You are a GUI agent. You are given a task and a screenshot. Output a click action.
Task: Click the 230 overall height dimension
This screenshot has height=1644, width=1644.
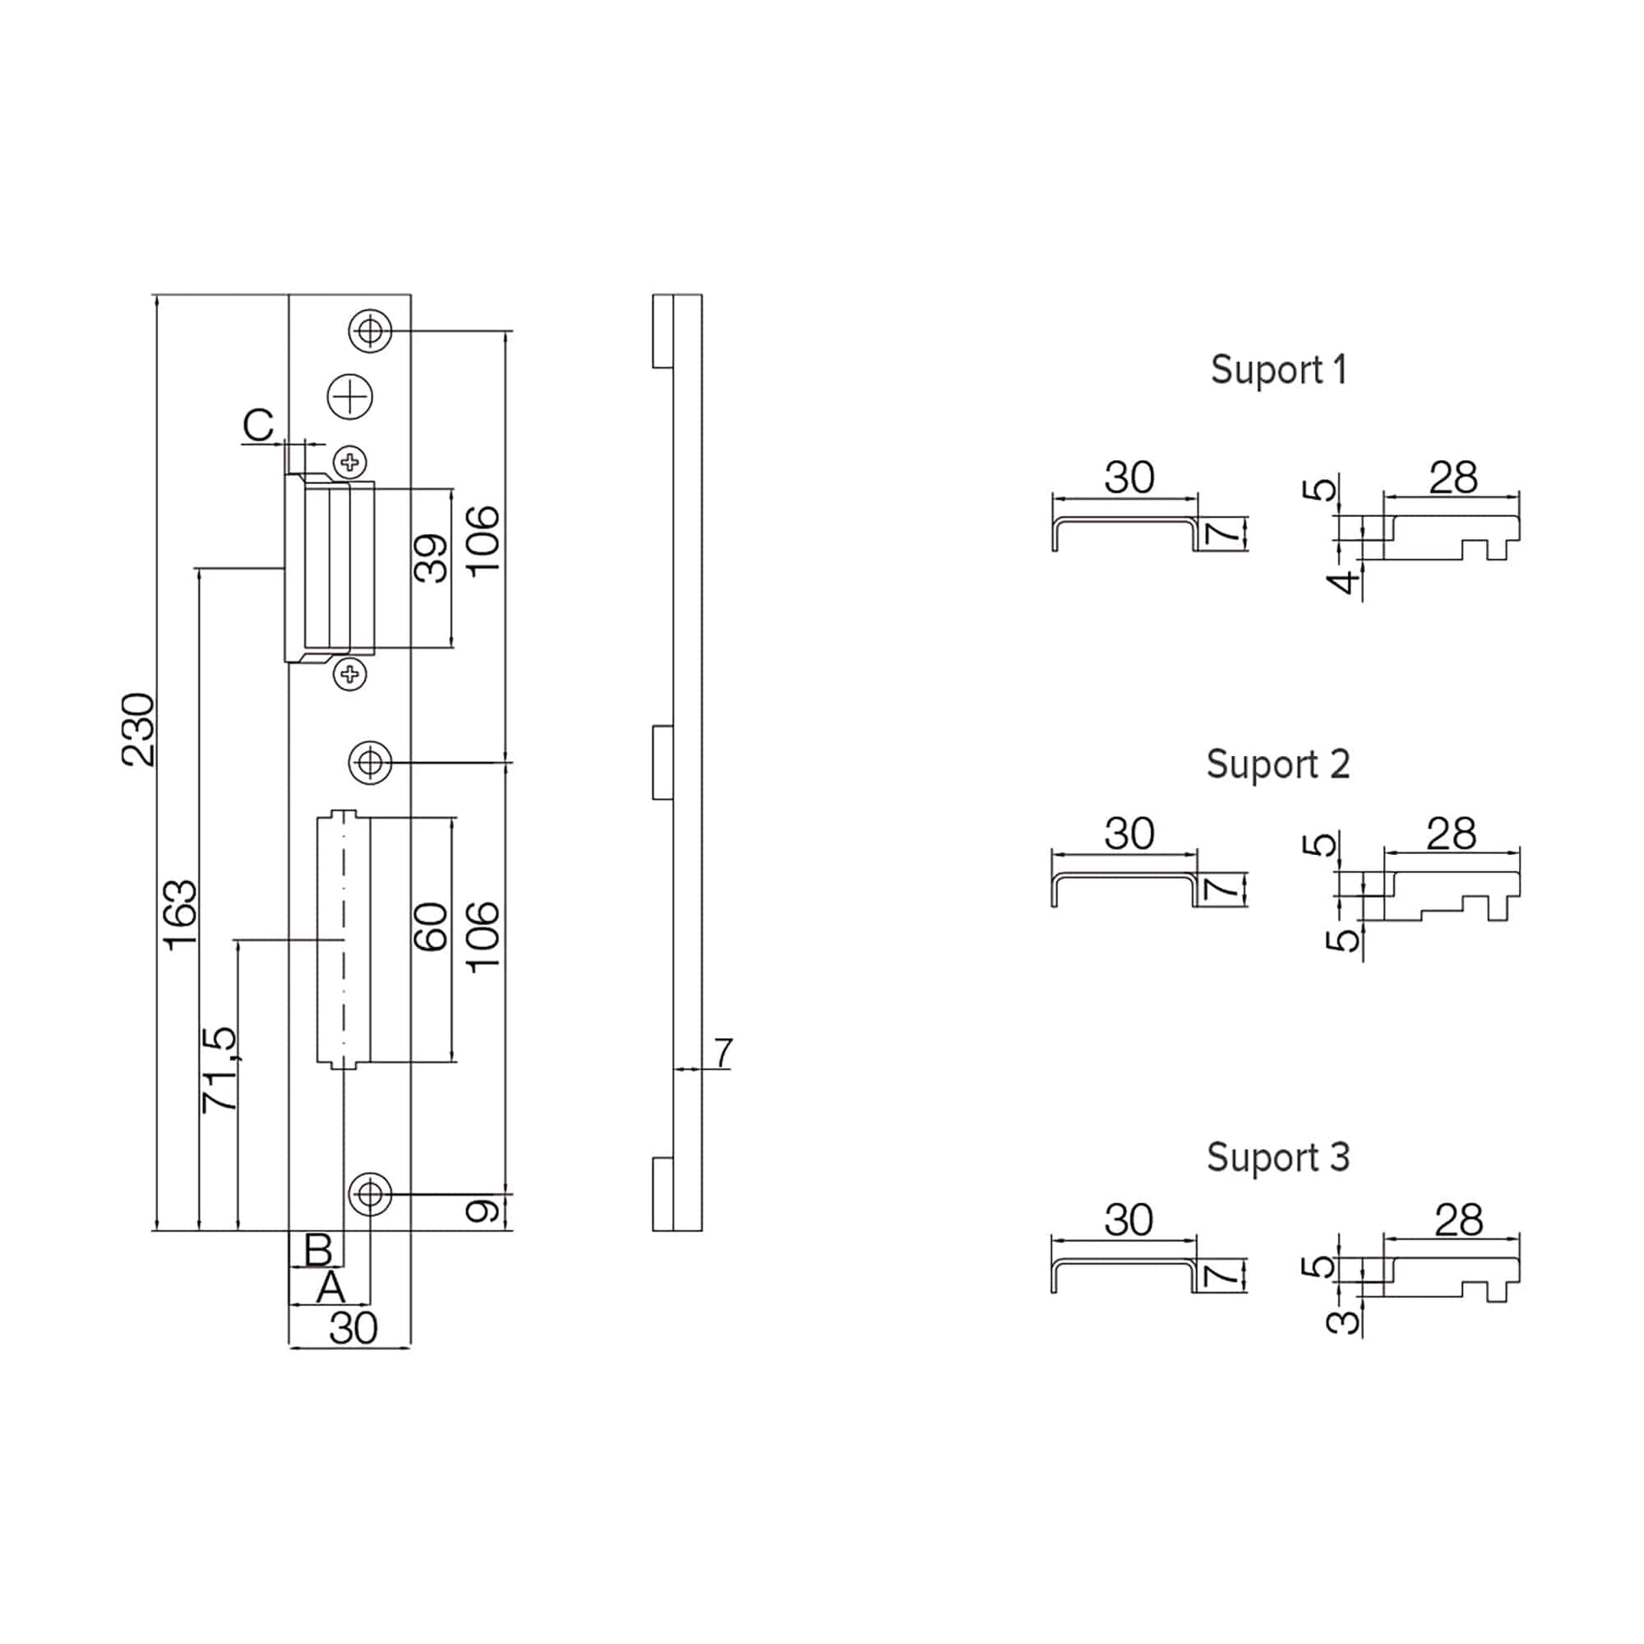pyautogui.click(x=138, y=729)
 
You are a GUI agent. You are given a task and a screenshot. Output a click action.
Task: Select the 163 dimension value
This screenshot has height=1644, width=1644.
pyautogui.click(x=180, y=916)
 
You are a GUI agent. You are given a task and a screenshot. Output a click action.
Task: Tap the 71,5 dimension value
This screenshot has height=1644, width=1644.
pyautogui.click(x=220, y=1070)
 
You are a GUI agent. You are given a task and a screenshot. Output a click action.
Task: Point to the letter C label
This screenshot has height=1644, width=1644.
pyautogui.click(x=258, y=425)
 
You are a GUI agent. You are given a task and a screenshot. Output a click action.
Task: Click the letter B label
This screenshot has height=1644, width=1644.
pyautogui.click(x=318, y=1250)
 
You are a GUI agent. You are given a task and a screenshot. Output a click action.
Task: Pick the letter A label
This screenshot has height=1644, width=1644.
pyautogui.click(x=331, y=1287)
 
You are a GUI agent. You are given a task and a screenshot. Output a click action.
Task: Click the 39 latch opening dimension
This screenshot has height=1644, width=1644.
pyautogui.click(x=431, y=558)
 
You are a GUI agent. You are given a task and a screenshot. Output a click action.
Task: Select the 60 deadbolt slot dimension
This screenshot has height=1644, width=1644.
pyautogui.click(x=431, y=927)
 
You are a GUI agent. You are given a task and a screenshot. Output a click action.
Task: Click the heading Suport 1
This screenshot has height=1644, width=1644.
pyautogui.click(x=1279, y=370)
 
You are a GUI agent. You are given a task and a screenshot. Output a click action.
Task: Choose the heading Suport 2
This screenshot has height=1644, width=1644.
pyautogui.click(x=1278, y=765)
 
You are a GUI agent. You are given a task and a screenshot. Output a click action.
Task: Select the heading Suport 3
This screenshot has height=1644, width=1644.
pyautogui.click(x=1278, y=1157)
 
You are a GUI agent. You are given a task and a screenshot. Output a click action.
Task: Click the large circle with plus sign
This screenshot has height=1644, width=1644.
pyautogui.click(x=351, y=395)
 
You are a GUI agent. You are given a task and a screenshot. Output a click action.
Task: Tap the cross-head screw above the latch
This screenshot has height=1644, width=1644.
pyautogui.click(x=349, y=462)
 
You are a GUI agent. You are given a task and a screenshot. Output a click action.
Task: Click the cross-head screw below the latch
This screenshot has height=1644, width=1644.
pyautogui.click(x=349, y=675)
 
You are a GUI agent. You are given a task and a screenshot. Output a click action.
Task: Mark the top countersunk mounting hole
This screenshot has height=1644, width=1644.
pyautogui.click(x=370, y=330)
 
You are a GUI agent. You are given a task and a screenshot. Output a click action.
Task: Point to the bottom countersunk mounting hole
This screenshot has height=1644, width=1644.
pyautogui.click(x=370, y=1194)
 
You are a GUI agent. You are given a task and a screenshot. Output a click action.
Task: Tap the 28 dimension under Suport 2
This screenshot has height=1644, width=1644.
pyautogui.click(x=1451, y=834)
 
